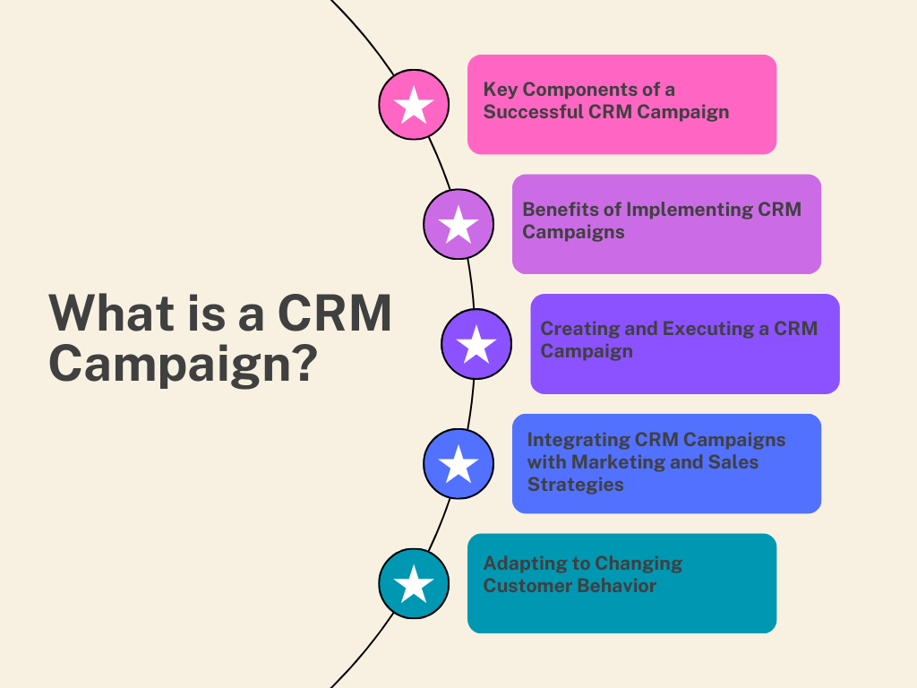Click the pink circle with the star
(414, 105)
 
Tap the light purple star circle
(458, 224)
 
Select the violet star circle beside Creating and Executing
(476, 344)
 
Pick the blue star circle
(458, 464)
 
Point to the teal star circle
(414, 583)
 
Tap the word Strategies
(576, 485)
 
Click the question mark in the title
(305, 363)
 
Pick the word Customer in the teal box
(519, 586)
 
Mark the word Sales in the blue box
(733, 462)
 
